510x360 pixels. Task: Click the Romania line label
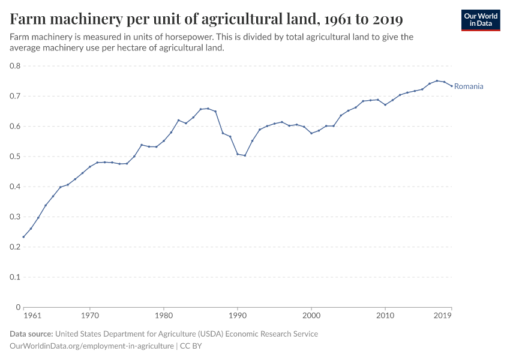coord(469,86)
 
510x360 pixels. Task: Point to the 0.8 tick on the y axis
coord(15,66)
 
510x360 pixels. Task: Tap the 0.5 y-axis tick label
coord(15,157)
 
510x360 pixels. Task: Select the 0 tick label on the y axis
coord(18,307)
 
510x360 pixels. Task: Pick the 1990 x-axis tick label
coord(238,315)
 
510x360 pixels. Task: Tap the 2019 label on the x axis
coord(443,315)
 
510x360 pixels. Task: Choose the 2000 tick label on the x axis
coord(311,315)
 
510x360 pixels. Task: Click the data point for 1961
coord(23,237)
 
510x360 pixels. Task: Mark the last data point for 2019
coord(451,86)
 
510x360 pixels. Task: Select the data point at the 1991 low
coord(245,155)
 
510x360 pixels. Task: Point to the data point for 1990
coord(238,154)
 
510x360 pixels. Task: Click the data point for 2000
coord(311,133)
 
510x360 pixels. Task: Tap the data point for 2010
coord(385,104)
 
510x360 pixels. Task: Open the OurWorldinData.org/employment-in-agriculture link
coord(92,346)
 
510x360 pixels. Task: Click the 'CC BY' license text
coord(192,346)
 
